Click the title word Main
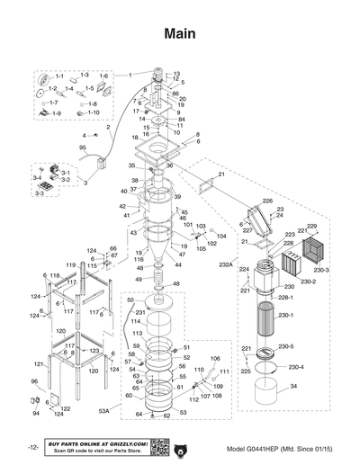tap(180, 33)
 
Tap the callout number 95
tap(83, 147)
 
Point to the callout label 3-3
tap(40, 193)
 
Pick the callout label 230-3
tap(321, 270)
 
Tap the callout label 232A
tap(224, 266)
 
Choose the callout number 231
tap(140, 311)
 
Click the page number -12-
tap(32, 447)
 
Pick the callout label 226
tap(267, 201)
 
